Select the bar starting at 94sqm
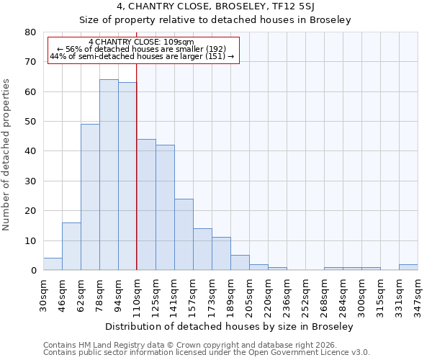pyautogui.click(x=127, y=176)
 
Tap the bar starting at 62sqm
pyautogui.click(x=90, y=197)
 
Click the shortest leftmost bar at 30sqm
pyautogui.click(x=53, y=264)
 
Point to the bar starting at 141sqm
pyautogui.click(x=184, y=235)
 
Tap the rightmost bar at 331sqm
pyautogui.click(x=408, y=267)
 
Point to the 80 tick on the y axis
pyautogui.click(x=30, y=32)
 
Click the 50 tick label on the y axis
pyautogui.click(x=30, y=122)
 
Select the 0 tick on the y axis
pyautogui.click(x=33, y=271)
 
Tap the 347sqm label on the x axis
pyautogui.click(x=418, y=295)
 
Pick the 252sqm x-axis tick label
pyautogui.click(x=306, y=295)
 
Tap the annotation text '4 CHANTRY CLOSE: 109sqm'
pyautogui.click(x=141, y=42)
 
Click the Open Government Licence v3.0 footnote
pyautogui.click(x=207, y=352)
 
